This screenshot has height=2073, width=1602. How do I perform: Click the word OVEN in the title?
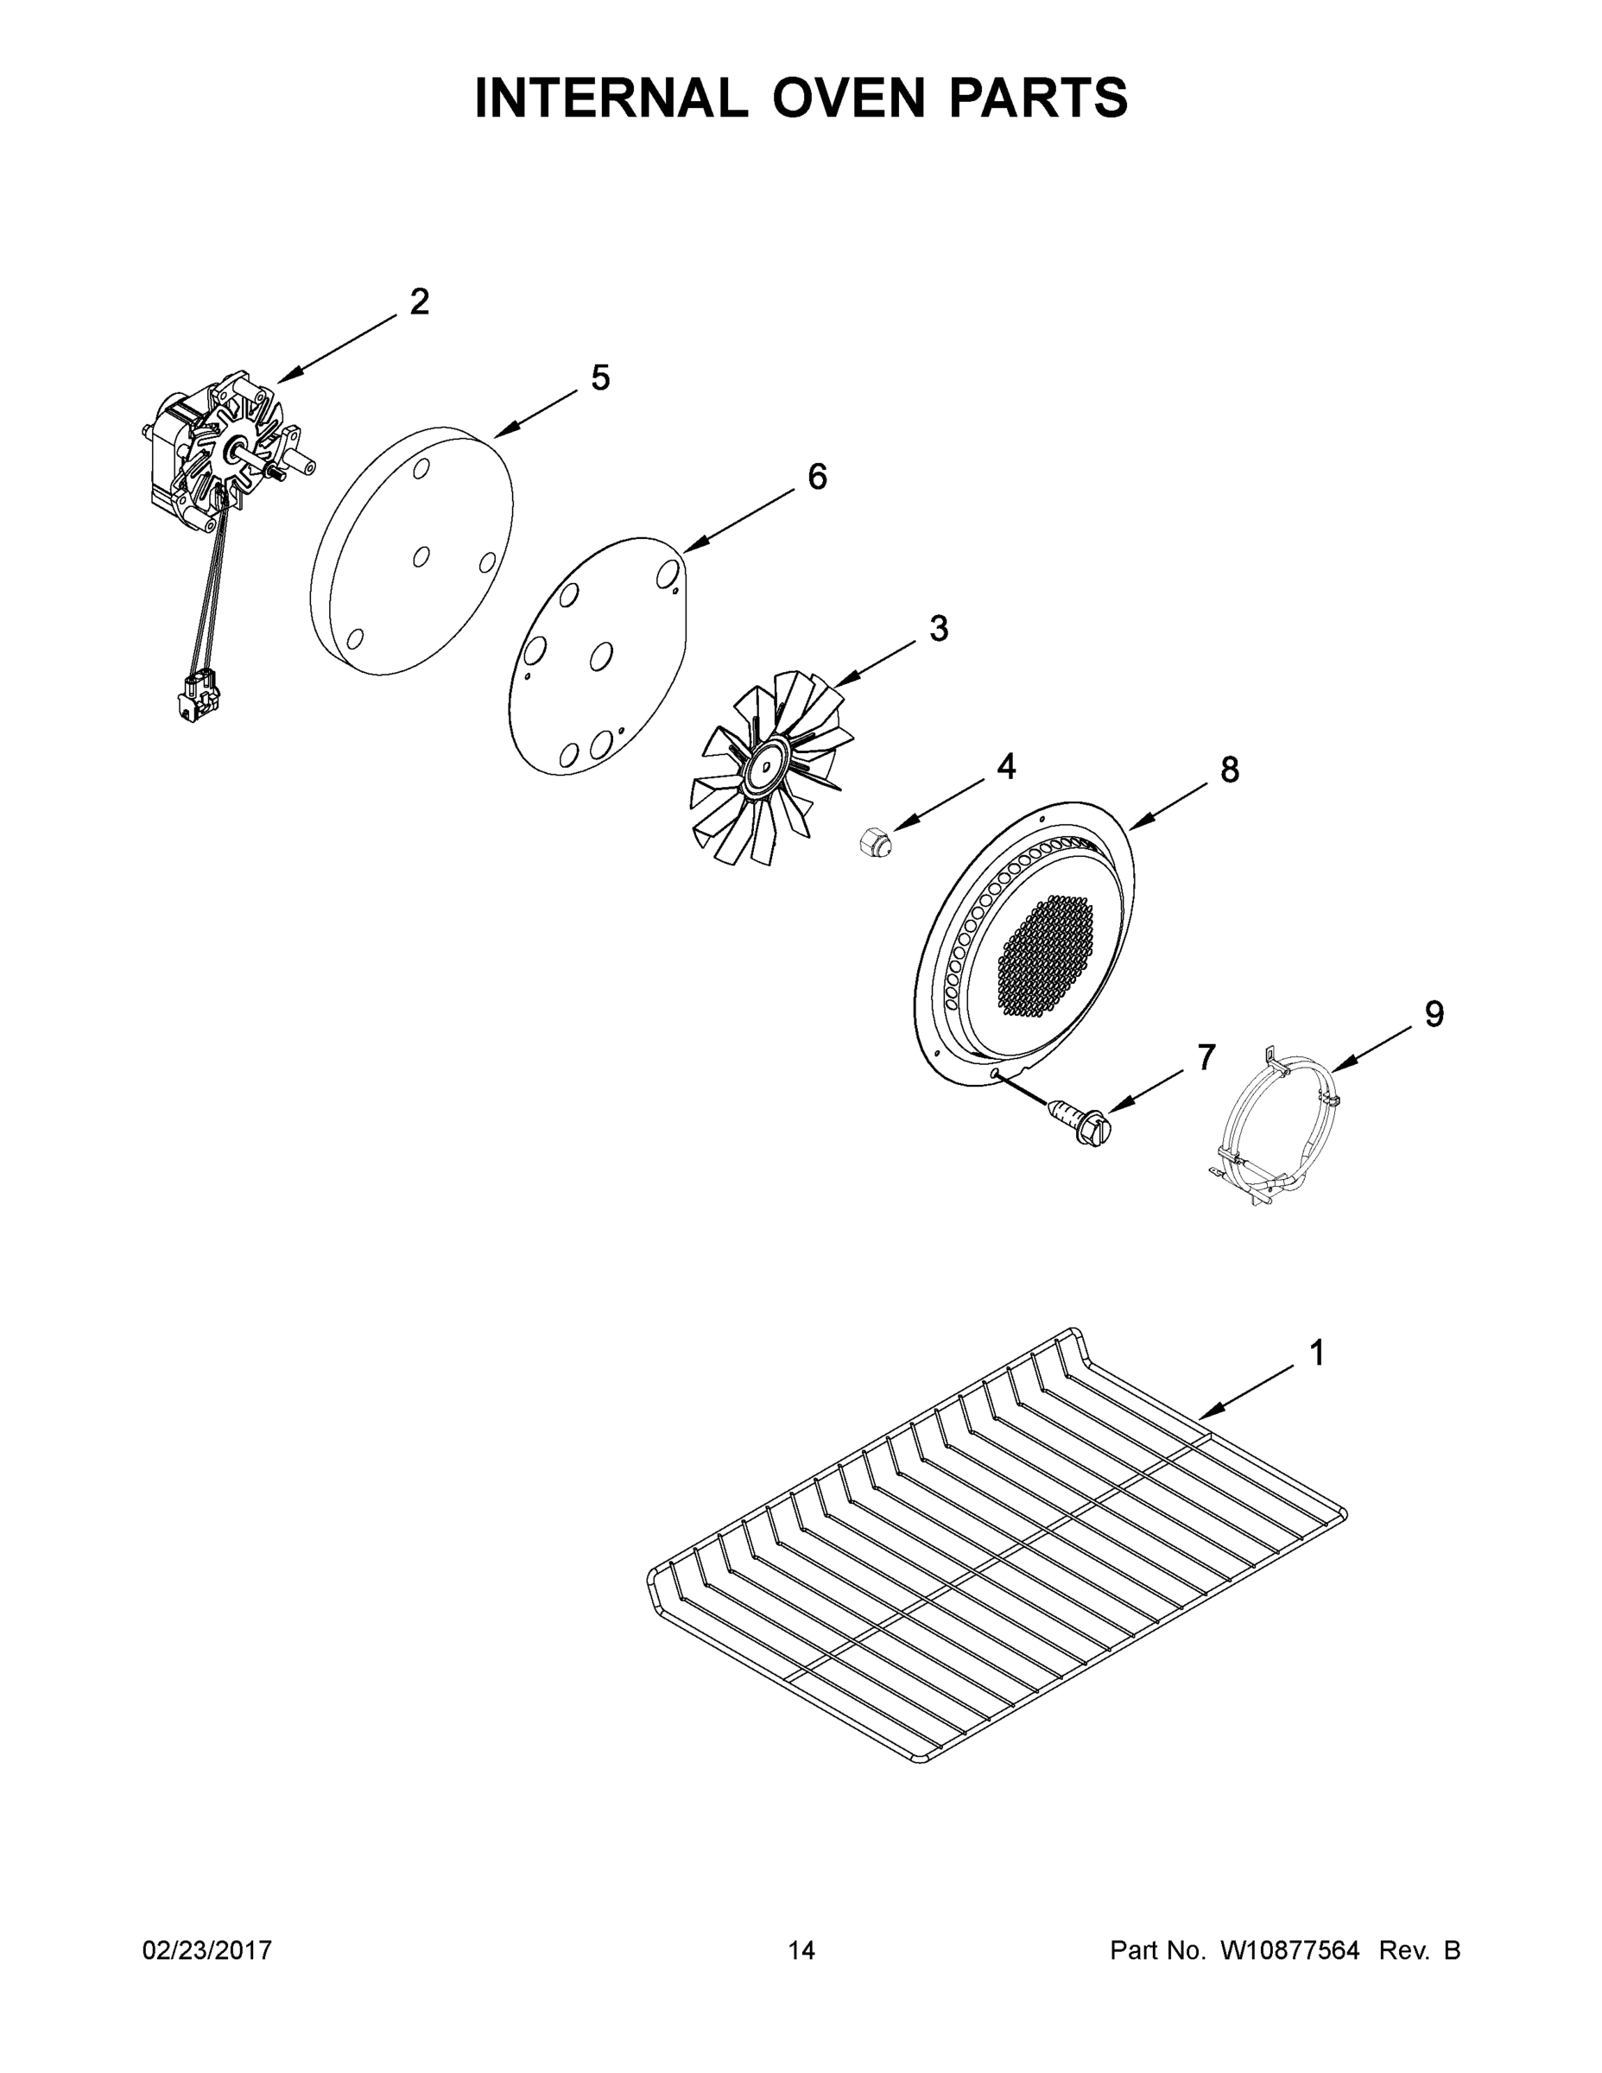tap(847, 98)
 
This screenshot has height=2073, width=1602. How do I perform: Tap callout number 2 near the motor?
tap(419, 301)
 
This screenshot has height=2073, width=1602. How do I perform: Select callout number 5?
tap(600, 377)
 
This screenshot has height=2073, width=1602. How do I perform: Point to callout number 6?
tap(817, 477)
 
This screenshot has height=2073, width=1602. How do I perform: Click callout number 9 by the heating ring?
tap(1434, 1015)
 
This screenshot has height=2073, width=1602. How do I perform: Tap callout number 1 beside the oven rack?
tap(1317, 1353)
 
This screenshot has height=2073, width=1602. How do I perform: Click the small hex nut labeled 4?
tap(875, 841)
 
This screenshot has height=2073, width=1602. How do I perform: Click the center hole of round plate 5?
tap(421, 556)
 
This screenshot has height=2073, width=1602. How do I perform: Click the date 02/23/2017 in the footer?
tap(207, 1949)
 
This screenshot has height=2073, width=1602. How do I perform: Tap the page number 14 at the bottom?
tap(801, 1949)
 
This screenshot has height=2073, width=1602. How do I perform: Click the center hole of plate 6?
tap(601, 655)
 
